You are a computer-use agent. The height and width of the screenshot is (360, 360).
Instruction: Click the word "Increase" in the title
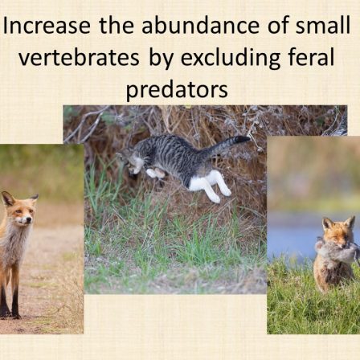point(47,26)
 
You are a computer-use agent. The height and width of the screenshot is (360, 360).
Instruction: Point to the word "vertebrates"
point(79,58)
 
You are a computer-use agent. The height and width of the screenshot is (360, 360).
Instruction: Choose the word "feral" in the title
point(312,57)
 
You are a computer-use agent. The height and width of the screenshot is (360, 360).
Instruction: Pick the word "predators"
point(177,91)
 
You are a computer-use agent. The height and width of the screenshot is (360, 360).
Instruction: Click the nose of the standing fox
point(28,221)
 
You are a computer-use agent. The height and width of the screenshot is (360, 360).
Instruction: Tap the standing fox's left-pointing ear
point(7,198)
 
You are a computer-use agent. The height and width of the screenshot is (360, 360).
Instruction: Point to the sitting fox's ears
point(338,223)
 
